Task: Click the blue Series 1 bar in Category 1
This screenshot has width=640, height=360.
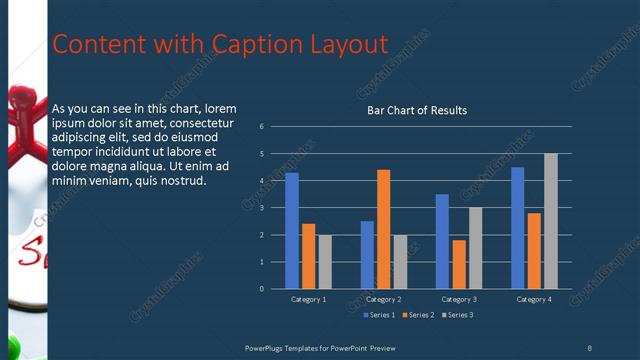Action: point(291,231)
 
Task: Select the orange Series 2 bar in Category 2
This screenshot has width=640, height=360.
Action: point(383,229)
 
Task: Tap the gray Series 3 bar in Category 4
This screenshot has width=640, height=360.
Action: point(551,221)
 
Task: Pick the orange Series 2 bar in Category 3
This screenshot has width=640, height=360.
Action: point(459,264)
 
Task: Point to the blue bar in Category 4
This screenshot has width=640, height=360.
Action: point(517,228)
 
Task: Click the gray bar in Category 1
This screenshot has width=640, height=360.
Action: point(325,262)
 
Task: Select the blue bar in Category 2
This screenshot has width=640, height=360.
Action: point(367,255)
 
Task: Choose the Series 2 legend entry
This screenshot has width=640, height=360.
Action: point(418,315)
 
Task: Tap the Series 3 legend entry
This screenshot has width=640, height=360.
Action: point(457,315)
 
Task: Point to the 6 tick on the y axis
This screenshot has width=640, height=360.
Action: point(260,127)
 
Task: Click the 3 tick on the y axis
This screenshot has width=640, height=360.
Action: point(260,208)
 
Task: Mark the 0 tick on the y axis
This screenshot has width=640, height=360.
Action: point(260,289)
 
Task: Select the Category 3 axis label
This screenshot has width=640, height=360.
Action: point(459,299)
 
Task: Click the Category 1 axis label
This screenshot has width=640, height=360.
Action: point(308,299)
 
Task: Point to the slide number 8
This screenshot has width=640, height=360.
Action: point(589,347)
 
